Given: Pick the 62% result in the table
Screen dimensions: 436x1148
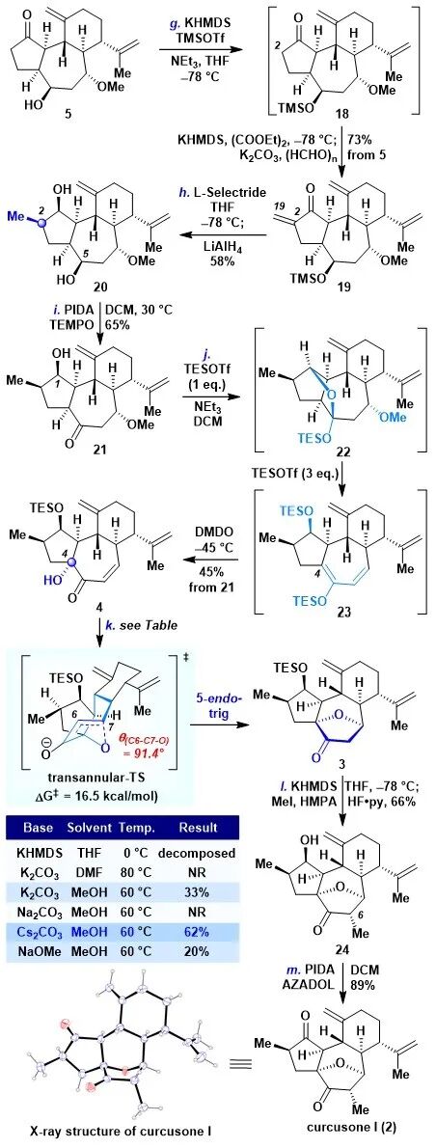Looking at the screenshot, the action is [x=198, y=896].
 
